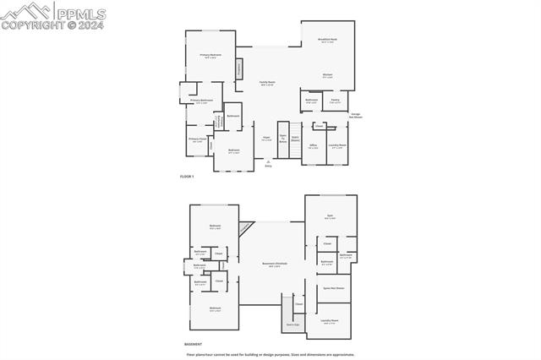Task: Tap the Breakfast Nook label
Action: [327, 40]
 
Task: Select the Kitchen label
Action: [327, 74]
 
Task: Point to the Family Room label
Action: [267, 83]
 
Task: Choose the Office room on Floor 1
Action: [313, 146]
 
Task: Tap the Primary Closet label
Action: [197, 139]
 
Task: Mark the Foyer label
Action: [265, 138]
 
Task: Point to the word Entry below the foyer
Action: [268, 166]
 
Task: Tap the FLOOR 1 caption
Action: [188, 176]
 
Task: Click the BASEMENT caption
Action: [193, 344]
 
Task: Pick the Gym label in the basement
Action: [330, 216]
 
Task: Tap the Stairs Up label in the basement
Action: [292, 324]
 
